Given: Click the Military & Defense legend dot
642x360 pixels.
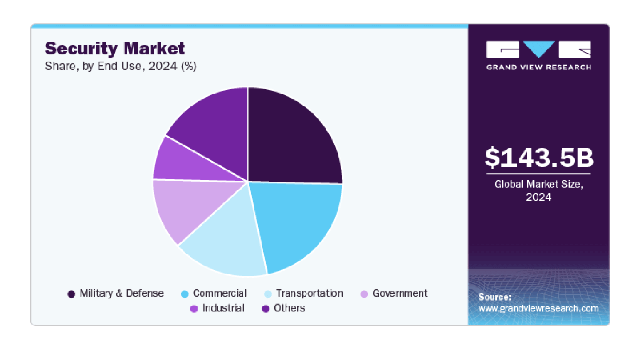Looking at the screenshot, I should click(x=72, y=294).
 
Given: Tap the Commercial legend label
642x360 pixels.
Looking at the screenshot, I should click(x=220, y=293).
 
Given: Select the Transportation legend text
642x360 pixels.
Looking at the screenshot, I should click(x=309, y=293).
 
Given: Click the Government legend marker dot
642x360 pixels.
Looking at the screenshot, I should click(x=364, y=294).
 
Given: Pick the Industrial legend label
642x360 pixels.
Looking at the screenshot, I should click(x=223, y=308).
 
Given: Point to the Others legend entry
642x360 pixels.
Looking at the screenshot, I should click(x=289, y=308).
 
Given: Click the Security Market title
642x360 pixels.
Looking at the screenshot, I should click(x=115, y=49).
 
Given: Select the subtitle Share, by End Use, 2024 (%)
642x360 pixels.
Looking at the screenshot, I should click(x=121, y=66).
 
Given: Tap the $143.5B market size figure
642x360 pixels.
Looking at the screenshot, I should click(x=539, y=158).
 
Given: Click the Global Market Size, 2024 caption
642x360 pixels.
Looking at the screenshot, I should click(x=539, y=190).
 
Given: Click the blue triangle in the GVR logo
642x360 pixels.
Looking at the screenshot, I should click(x=539, y=48).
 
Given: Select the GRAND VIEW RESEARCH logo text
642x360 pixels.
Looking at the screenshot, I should click(x=539, y=67).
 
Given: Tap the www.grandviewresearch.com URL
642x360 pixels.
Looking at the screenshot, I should click(x=538, y=308).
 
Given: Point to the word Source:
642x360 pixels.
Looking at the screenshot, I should click(x=495, y=297).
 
